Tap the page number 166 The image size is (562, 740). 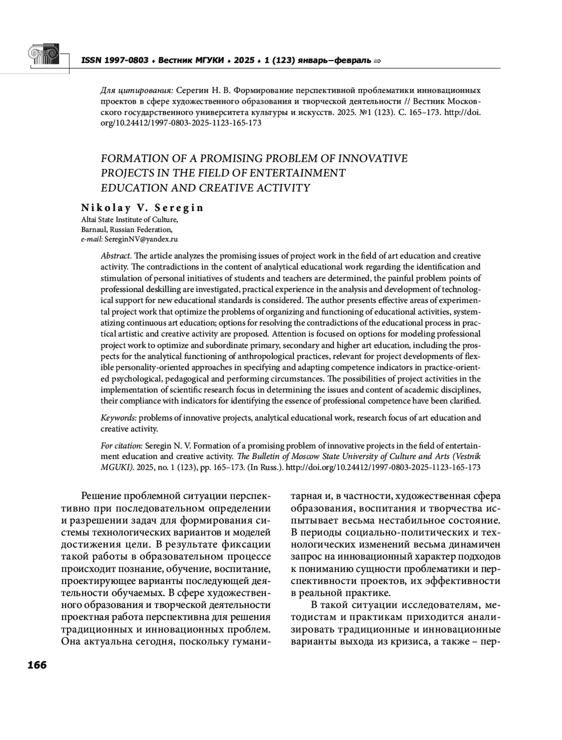point(37,665)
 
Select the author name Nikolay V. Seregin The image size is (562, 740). point(142,208)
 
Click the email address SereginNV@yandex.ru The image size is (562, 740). point(141,239)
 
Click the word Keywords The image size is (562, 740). point(118,418)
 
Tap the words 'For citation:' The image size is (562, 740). point(122,445)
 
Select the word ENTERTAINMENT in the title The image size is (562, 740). point(297,173)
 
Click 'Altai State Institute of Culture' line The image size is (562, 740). point(129,220)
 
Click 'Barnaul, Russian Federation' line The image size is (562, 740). point(127,229)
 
